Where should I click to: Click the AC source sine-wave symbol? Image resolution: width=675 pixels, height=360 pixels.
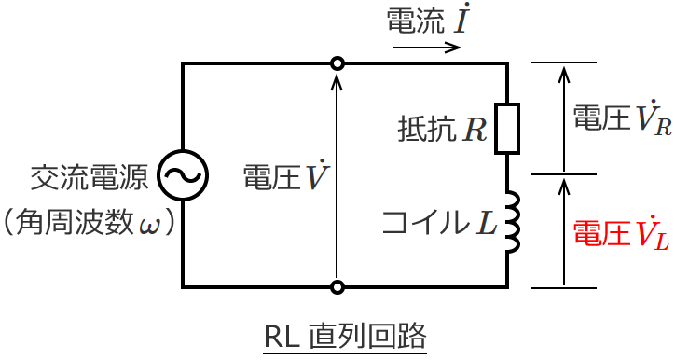[183, 174]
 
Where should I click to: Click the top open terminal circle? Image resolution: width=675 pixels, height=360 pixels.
[337, 63]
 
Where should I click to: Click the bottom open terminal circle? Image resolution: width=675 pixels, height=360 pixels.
[337, 286]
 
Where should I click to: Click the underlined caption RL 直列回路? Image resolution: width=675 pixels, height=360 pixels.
[345, 335]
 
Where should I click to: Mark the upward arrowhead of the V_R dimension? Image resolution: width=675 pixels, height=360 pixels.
[563, 71]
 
